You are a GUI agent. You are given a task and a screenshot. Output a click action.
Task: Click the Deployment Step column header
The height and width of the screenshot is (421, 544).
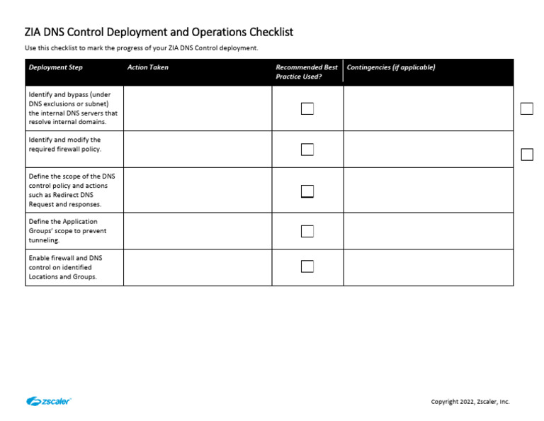click(55, 67)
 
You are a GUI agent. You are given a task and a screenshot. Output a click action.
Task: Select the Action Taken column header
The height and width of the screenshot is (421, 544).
click(147, 67)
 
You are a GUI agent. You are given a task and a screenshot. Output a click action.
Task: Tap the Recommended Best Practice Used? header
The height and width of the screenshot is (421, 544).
click(307, 72)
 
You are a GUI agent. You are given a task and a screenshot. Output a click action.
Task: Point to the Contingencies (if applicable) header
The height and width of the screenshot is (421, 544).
click(390, 67)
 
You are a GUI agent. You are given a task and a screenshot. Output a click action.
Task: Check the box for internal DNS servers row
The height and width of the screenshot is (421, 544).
click(307, 108)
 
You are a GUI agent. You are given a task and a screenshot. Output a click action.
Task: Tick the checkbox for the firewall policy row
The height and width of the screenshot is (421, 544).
click(307, 150)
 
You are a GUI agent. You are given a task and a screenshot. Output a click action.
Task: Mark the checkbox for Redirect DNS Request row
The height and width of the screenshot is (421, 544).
click(307, 191)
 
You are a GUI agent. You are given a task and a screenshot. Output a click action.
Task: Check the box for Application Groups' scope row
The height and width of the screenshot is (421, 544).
click(307, 231)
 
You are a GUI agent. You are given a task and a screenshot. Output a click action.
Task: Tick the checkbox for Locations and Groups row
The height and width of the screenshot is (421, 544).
click(307, 266)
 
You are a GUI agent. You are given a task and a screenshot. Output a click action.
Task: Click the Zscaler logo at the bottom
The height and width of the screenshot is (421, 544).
click(49, 401)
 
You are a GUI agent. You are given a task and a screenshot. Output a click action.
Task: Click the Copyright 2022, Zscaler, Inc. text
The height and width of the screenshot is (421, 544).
click(470, 402)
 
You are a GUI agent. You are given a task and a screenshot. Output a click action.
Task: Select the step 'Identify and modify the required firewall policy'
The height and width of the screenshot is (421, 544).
click(64, 145)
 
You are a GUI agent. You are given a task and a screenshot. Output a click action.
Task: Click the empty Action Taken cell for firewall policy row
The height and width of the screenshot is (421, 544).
click(198, 150)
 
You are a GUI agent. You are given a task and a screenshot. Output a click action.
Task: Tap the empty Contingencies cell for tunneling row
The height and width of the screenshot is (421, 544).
click(428, 231)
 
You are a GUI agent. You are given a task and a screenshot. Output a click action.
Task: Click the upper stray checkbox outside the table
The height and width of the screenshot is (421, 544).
click(527, 108)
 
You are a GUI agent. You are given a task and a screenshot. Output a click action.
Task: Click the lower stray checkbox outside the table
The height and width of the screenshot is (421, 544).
click(527, 155)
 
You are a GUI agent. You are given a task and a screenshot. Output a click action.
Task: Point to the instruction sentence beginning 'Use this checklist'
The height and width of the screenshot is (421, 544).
click(142, 48)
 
